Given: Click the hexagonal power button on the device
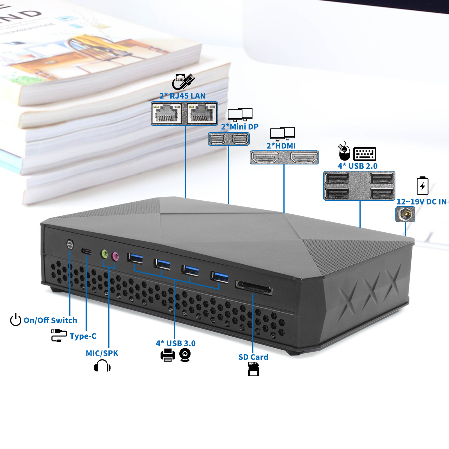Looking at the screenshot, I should coord(70,244).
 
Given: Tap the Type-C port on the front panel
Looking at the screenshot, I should coord(86,251).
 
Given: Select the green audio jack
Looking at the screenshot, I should coord(104,254).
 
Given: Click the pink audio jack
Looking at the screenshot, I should coord(115,256).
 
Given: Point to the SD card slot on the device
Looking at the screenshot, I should coord(254,288).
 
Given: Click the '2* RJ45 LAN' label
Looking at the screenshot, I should coord(182,96).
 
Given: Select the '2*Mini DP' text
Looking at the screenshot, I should coord(240,127).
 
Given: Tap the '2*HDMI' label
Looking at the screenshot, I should coord(281,146).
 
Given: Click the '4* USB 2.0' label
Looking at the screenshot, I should coord(358,166).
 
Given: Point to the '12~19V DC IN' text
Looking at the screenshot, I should coord(421,202).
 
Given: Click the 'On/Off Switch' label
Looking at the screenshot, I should coord(50,320).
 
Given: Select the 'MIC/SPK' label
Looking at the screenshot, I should coord(102,353).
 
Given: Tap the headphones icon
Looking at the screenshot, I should coord(102,366).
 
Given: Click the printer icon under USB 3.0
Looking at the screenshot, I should coord(168,355).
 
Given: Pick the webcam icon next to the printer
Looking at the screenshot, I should coord(185,355).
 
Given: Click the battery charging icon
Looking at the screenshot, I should coord(422,185).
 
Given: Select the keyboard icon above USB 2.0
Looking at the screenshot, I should coord(365,154).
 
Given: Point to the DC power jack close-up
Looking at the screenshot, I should coord(405,214).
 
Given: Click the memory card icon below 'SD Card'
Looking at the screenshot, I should coord(253,369).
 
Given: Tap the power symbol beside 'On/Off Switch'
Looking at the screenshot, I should coord(16,320).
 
